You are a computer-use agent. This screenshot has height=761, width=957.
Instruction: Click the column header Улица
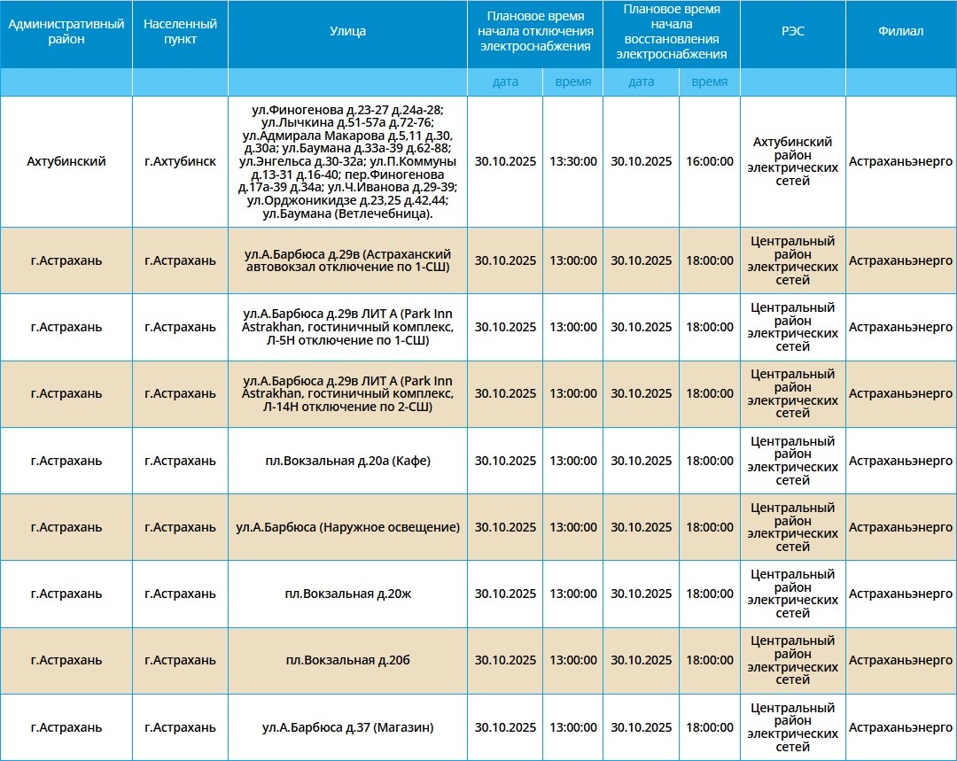347,32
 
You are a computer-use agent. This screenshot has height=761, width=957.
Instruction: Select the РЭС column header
792,32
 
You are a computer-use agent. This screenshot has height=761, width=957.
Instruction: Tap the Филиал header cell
900,32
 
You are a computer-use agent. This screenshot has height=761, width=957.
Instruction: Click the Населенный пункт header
180,32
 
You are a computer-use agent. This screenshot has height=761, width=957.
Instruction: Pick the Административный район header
66,32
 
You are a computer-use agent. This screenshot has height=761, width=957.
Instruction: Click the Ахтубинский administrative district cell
66,162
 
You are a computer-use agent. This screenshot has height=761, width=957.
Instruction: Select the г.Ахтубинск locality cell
180,162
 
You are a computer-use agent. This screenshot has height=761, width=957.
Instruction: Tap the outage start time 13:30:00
572,162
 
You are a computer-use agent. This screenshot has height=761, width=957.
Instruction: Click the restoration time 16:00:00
709,162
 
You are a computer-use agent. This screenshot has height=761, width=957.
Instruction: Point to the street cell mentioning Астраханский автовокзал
347,260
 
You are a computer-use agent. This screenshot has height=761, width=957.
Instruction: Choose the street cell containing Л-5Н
347,327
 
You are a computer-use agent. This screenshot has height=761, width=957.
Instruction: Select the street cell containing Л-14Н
347,393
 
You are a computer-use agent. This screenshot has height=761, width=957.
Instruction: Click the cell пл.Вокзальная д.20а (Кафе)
347,461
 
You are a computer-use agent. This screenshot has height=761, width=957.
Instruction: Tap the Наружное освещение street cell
347,527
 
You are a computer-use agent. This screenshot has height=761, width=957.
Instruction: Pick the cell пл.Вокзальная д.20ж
347,594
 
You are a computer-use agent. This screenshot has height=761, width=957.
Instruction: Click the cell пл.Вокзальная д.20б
347,660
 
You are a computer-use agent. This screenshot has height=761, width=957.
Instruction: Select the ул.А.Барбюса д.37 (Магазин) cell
347,727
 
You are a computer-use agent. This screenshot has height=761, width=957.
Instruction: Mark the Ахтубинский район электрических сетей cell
792,162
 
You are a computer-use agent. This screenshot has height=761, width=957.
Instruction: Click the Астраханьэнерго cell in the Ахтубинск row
900,162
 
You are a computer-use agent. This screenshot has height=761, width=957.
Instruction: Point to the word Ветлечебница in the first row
390,214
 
